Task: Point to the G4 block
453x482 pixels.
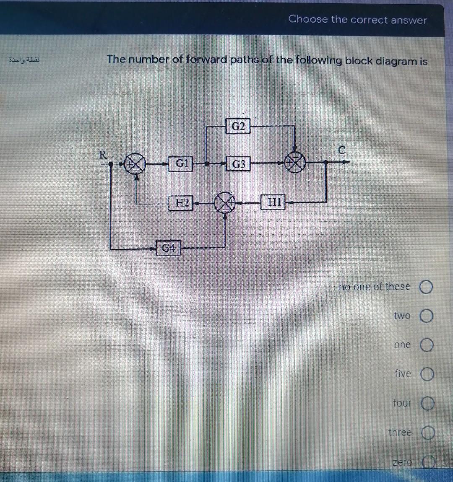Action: (x=169, y=249)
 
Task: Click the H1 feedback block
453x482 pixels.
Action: (x=274, y=202)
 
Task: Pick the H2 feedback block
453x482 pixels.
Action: (x=181, y=203)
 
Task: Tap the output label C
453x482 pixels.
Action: (x=342, y=150)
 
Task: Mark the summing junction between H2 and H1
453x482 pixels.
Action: (x=225, y=203)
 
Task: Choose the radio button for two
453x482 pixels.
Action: (x=427, y=316)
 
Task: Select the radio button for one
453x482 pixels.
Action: (x=427, y=345)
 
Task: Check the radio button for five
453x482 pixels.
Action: (x=427, y=374)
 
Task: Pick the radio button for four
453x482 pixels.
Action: (x=428, y=404)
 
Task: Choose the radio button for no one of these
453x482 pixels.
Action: (x=426, y=288)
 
